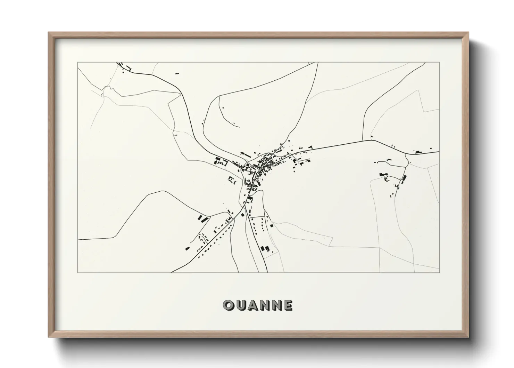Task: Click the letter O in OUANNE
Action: click(x=229, y=305)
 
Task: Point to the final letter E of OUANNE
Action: click(x=288, y=305)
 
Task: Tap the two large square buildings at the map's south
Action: click(x=265, y=248)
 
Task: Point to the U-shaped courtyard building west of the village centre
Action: click(x=231, y=180)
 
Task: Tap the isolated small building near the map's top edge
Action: click(x=177, y=74)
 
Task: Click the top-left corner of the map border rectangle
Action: click(x=77, y=63)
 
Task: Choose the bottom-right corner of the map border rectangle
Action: click(x=439, y=272)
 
